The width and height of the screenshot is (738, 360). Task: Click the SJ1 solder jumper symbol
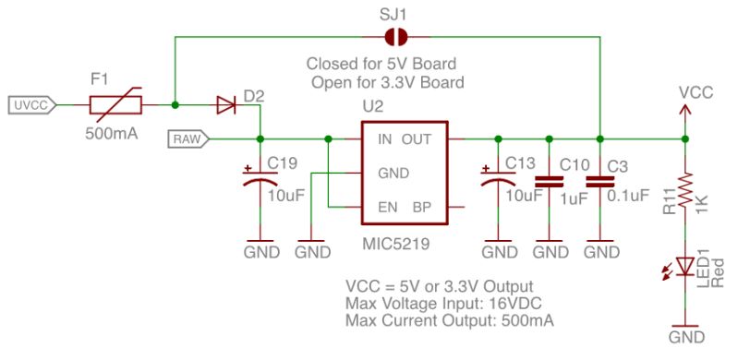point(396,37)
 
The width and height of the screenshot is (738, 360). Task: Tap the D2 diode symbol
point(225,105)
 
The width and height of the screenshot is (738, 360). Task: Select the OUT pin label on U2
point(417,139)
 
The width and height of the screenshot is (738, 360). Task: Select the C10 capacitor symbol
point(550,183)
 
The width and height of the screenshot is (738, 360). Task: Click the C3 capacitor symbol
point(600,183)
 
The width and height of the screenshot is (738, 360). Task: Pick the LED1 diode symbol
point(684,267)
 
